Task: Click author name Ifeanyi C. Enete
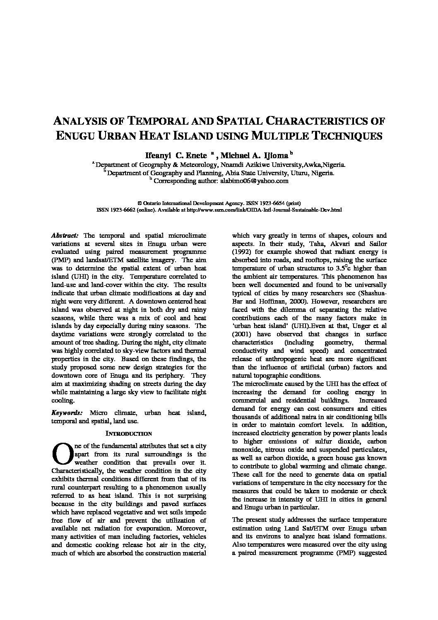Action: pos(175,155)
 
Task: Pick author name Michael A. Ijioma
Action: pos(254,155)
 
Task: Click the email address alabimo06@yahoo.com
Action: pos(254,181)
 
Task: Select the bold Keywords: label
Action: pos(67,413)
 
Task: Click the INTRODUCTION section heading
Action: pos(129,433)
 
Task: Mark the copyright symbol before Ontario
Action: pos(140,203)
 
